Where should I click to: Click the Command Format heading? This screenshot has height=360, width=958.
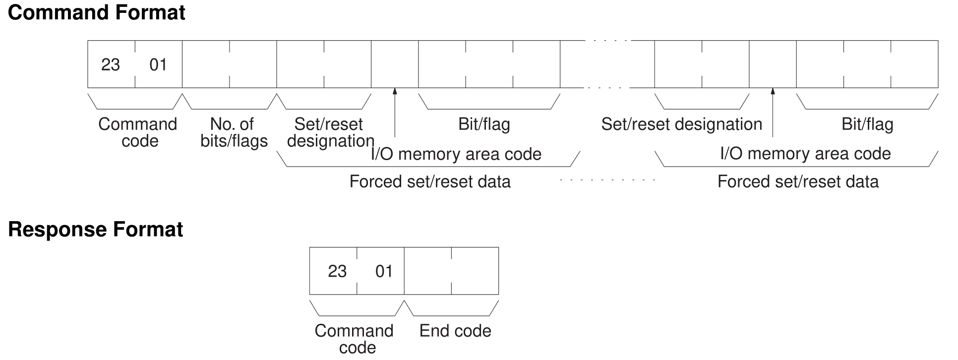[x=97, y=12]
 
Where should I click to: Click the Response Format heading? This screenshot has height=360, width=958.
[x=96, y=230]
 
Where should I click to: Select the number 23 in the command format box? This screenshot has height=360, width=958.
[x=111, y=64]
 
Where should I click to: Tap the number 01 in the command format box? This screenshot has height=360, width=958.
[x=158, y=64]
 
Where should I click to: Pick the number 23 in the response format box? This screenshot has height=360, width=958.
[x=337, y=271]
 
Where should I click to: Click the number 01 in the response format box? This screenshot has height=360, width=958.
[x=384, y=271]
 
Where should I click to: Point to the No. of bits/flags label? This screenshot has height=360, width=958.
[x=234, y=132]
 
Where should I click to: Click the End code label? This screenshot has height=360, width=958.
[x=455, y=331]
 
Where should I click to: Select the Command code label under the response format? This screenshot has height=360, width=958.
[x=354, y=339]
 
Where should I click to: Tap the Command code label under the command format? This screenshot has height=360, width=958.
[x=138, y=132]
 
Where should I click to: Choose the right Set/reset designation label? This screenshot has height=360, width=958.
[x=682, y=124]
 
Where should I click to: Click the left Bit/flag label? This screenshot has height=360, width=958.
[x=484, y=124]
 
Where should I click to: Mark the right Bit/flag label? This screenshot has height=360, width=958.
[x=867, y=124]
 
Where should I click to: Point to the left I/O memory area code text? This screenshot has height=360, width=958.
[x=456, y=154]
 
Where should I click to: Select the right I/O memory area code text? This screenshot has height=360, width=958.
[x=805, y=154]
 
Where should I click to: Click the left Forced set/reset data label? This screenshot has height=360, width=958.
[x=430, y=181]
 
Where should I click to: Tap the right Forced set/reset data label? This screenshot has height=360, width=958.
[x=798, y=181]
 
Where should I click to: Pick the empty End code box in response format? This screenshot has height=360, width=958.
[x=451, y=271]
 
